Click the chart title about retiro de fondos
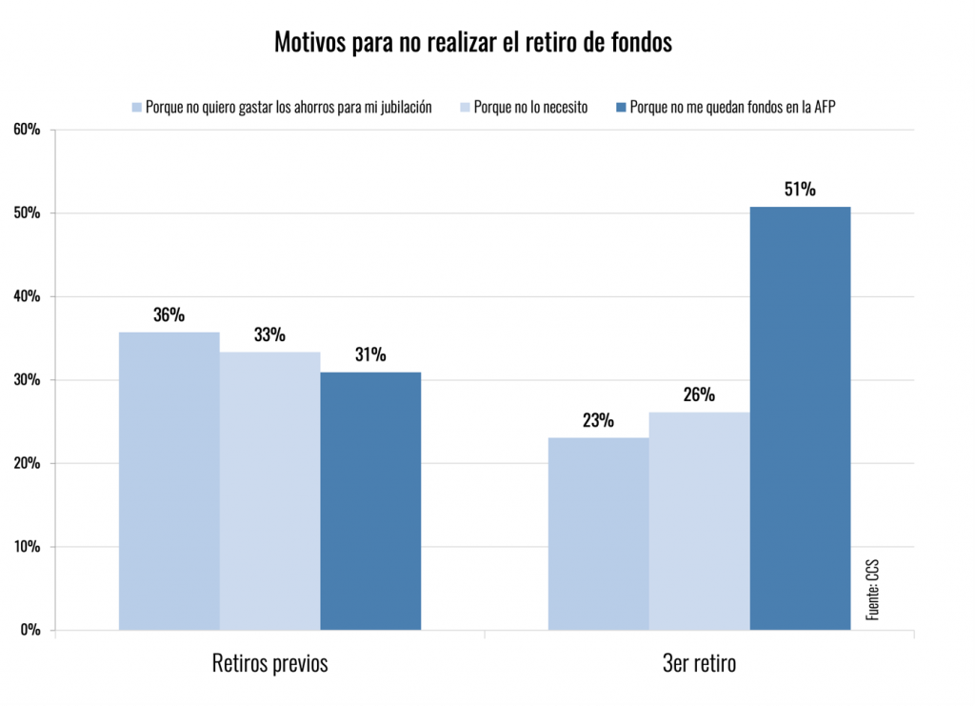(473, 43)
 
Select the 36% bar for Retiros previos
(169, 481)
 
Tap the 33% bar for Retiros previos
(269, 491)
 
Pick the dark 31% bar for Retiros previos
(370, 501)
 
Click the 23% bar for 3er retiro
(598, 534)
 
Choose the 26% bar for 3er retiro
(699, 521)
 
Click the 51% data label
(800, 190)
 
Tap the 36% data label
(169, 314)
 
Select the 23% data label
(598, 420)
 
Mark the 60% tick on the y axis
(26, 130)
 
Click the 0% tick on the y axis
(30, 630)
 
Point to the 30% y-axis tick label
(26, 380)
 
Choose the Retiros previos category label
(269, 663)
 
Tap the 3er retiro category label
(699, 663)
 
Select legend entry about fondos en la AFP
(732, 108)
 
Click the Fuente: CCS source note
(871, 591)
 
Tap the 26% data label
(699, 394)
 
